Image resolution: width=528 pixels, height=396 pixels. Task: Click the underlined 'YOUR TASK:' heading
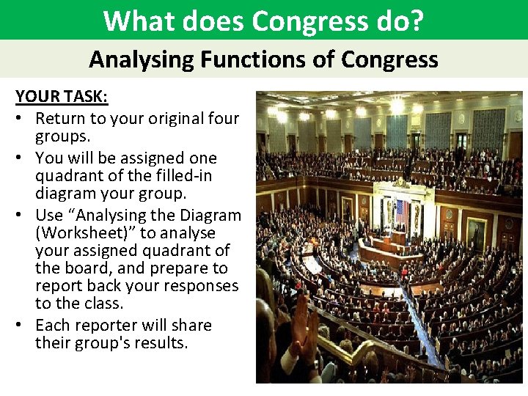click(62, 98)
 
